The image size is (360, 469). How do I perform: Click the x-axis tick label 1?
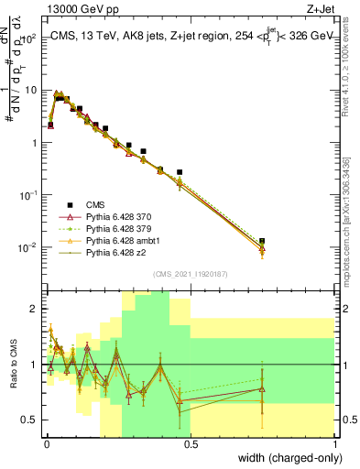click(335, 443)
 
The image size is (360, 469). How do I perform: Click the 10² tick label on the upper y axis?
click(28, 38)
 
